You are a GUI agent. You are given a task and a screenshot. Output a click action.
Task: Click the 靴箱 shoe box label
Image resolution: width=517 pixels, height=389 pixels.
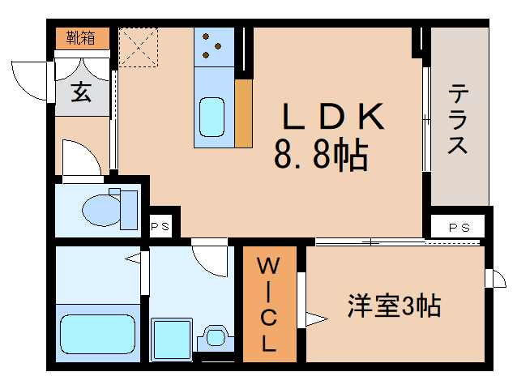coord(82,37)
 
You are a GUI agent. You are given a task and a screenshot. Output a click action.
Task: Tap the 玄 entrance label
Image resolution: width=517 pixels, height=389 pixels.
coord(82,92)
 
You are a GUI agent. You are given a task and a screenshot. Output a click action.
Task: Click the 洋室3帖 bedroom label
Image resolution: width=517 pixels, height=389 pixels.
coord(395,306)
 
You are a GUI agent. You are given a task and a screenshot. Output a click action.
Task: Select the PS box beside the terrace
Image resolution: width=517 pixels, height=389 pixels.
coord(459,227)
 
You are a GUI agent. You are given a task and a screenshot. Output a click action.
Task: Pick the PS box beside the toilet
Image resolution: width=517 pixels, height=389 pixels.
coord(160,227)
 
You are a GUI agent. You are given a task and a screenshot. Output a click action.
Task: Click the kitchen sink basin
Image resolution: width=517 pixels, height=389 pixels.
coord(212,117)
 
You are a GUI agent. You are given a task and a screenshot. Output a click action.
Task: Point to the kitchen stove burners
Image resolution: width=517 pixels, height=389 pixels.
coord(213,45)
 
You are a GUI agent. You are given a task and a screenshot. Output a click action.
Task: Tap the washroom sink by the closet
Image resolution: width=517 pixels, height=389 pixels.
coord(216,337)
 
